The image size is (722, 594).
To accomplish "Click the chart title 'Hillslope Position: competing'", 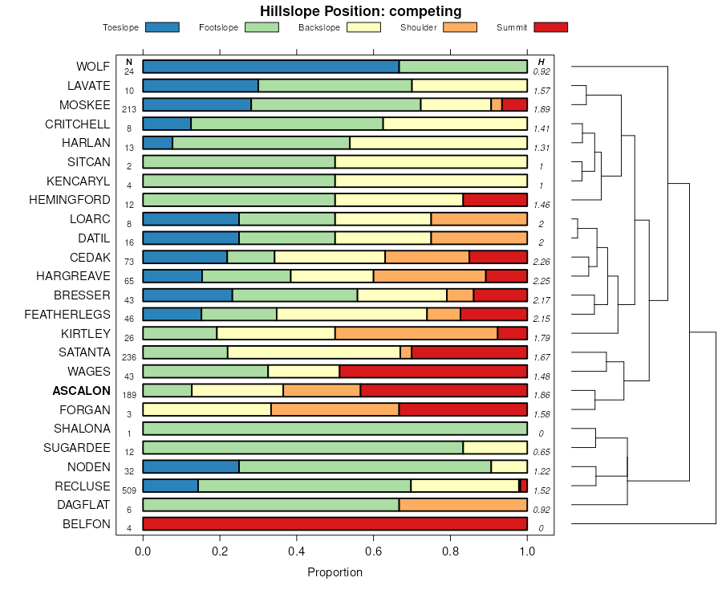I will pyautogui.click(x=360, y=11).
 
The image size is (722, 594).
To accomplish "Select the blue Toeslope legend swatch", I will pyautogui.click(x=163, y=27).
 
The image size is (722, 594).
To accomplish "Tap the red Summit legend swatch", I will pyautogui.click(x=551, y=27).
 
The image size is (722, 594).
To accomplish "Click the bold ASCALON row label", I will pyautogui.click(x=81, y=391).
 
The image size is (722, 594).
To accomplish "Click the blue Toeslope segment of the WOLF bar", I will pyautogui.click(x=271, y=67).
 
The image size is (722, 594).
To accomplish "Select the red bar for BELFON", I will pyautogui.click(x=335, y=524).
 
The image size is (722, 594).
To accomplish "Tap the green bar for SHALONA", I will pyautogui.click(x=335, y=429).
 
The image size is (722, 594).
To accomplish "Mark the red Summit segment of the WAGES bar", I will pyautogui.click(x=433, y=372).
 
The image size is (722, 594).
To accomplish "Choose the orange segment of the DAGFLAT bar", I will pyautogui.click(x=463, y=505).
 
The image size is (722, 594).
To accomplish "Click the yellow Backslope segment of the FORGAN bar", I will pyautogui.click(x=207, y=409).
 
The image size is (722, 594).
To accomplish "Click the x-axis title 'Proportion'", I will pyautogui.click(x=335, y=572).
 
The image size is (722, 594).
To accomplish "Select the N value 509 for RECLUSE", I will pyautogui.click(x=128, y=490).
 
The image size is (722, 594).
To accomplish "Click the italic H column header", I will pyautogui.click(x=541, y=62).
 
